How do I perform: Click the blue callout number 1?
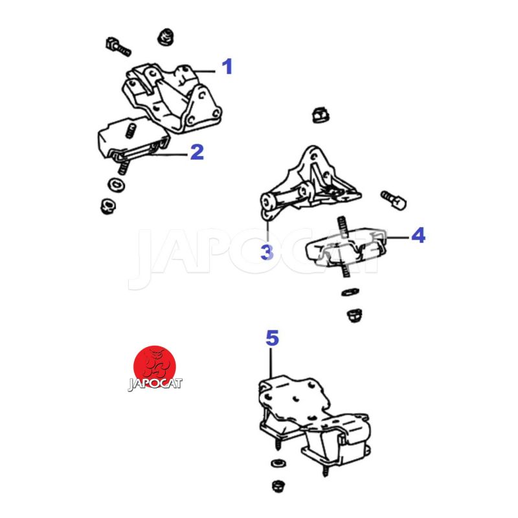227,67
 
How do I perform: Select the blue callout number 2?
197,152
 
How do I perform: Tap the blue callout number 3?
267,253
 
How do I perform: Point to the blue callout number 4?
418,236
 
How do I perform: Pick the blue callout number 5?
272,338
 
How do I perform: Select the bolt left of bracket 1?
118,47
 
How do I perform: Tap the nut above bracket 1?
166,37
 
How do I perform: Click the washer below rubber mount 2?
116,185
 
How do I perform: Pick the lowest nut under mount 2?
107,206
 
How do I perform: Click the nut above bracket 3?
321,115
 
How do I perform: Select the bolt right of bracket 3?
394,199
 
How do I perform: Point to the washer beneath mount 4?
350,292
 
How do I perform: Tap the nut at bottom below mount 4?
354,315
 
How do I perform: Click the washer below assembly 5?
278,463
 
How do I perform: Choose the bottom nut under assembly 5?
278,486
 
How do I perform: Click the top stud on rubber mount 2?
131,130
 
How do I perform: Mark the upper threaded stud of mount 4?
343,226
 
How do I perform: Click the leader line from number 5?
271,363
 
